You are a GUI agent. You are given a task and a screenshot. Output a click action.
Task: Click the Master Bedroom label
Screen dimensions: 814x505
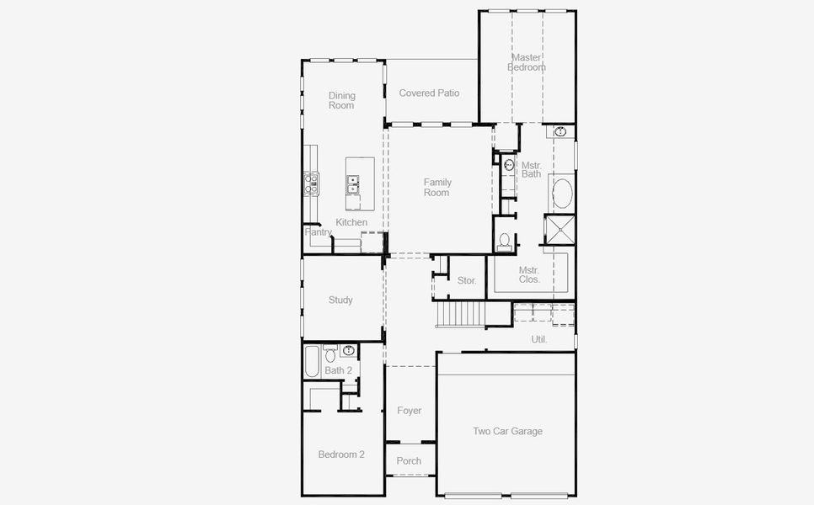click(x=527, y=62)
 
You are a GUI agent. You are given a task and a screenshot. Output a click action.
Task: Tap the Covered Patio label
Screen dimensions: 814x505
click(x=429, y=93)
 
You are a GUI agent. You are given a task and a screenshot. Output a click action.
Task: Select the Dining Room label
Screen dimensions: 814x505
click(x=341, y=101)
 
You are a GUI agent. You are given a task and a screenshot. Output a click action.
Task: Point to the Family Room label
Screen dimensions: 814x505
click(x=437, y=187)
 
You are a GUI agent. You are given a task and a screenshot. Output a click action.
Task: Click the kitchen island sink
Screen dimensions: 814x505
click(x=353, y=184)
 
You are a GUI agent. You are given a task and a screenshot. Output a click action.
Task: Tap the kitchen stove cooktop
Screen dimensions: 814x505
click(x=312, y=183)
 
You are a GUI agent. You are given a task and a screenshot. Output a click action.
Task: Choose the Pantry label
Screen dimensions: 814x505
click(x=318, y=231)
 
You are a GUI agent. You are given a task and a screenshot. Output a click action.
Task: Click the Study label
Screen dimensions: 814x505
click(x=340, y=300)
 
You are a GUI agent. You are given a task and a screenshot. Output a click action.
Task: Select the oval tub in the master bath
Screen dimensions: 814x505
click(x=562, y=194)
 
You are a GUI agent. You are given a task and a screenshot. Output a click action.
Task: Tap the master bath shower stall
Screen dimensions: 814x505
click(x=560, y=229)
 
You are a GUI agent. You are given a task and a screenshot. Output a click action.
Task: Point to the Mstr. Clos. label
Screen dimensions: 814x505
click(x=529, y=274)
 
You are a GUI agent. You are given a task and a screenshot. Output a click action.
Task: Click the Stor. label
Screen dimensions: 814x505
click(x=467, y=280)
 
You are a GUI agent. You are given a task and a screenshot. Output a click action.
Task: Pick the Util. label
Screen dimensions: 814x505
click(x=538, y=339)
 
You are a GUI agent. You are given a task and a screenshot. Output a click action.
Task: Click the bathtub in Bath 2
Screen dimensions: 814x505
click(x=312, y=361)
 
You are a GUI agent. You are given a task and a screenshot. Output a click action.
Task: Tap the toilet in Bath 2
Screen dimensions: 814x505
click(x=330, y=354)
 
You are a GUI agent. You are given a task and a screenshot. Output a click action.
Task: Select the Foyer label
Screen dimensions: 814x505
click(x=409, y=411)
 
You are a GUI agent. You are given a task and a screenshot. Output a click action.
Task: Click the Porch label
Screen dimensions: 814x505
click(x=409, y=461)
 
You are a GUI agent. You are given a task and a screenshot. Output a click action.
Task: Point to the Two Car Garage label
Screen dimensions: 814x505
click(x=508, y=431)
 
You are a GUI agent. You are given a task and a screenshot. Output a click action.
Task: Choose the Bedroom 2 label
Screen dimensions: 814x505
click(x=341, y=454)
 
